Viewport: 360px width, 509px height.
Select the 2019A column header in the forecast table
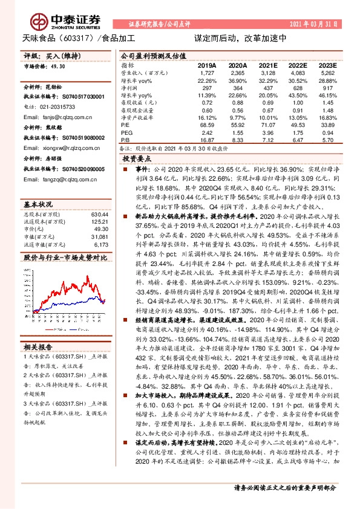click(x=207, y=65)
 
